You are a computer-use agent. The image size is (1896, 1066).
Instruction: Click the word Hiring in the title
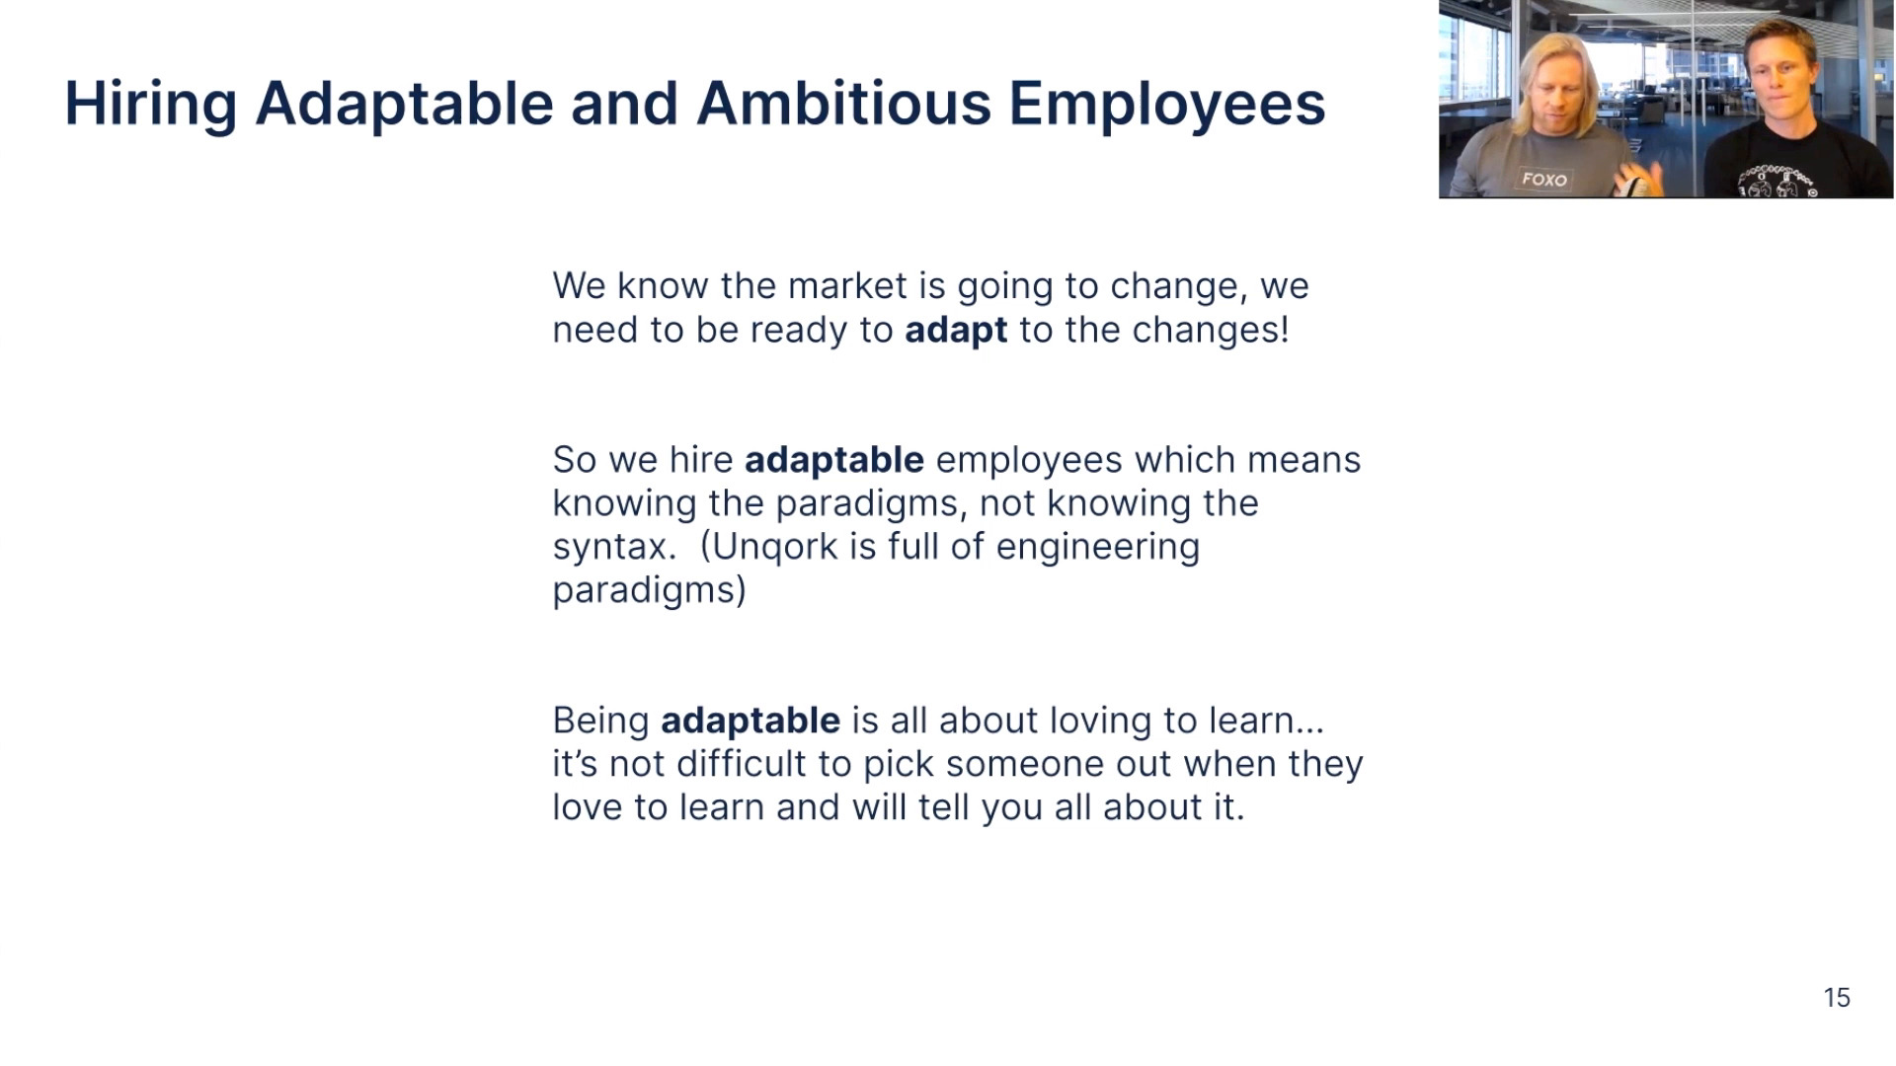[150, 105]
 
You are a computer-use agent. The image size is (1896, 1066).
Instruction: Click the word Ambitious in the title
[843, 103]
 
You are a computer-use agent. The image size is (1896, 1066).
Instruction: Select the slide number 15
[1837, 998]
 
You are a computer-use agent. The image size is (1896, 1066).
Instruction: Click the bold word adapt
[956, 331]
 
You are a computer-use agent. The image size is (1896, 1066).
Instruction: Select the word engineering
[1098, 548]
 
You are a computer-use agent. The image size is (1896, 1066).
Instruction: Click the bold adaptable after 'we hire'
[834, 461]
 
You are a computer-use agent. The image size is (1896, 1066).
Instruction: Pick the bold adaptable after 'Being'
[750, 722]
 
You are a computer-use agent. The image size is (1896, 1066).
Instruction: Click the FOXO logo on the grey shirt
[1544, 179]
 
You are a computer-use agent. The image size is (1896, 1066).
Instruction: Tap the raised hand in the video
[1638, 178]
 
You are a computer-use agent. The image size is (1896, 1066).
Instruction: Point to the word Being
[600, 722]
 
